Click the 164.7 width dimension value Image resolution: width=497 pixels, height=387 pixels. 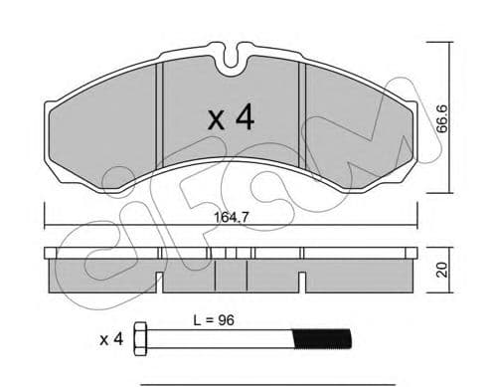point(231,218)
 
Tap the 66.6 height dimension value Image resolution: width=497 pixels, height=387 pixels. point(442,118)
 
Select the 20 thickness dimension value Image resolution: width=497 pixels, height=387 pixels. point(442,270)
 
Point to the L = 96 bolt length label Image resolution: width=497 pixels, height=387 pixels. point(214,320)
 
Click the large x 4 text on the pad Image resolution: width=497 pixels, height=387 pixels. point(231,117)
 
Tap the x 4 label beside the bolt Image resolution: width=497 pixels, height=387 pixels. point(111,339)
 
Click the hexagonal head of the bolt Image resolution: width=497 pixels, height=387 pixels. point(140,339)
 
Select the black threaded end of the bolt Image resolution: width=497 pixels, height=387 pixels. point(322,339)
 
